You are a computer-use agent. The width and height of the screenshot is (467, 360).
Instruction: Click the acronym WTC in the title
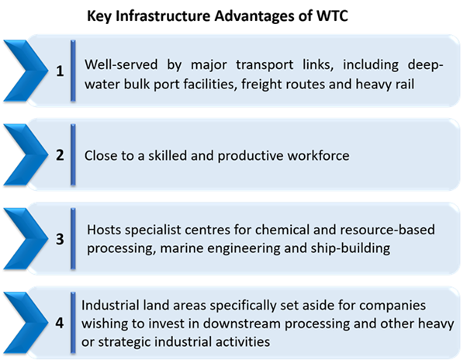click(332, 16)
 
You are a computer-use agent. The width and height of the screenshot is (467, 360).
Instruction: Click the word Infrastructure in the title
click(163, 16)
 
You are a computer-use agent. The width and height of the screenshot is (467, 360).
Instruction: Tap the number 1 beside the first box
click(60, 71)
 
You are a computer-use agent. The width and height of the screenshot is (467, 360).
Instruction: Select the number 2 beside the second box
click(60, 155)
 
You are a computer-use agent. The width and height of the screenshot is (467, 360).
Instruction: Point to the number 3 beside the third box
click(60, 239)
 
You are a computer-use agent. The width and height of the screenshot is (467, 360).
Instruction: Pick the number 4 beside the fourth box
click(60, 323)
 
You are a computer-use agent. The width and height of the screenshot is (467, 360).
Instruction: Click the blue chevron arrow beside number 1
click(26, 71)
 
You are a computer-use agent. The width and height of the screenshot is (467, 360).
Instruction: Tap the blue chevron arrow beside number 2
click(26, 155)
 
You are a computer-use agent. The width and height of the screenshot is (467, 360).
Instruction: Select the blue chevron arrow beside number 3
click(26, 239)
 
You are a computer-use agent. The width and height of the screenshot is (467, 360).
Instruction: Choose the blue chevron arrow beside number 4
click(26, 323)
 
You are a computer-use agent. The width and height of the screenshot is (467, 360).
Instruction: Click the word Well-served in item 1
click(121, 64)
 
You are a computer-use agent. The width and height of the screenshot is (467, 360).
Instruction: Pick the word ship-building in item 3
click(351, 248)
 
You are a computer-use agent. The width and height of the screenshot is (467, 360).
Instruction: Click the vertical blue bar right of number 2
click(73, 155)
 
